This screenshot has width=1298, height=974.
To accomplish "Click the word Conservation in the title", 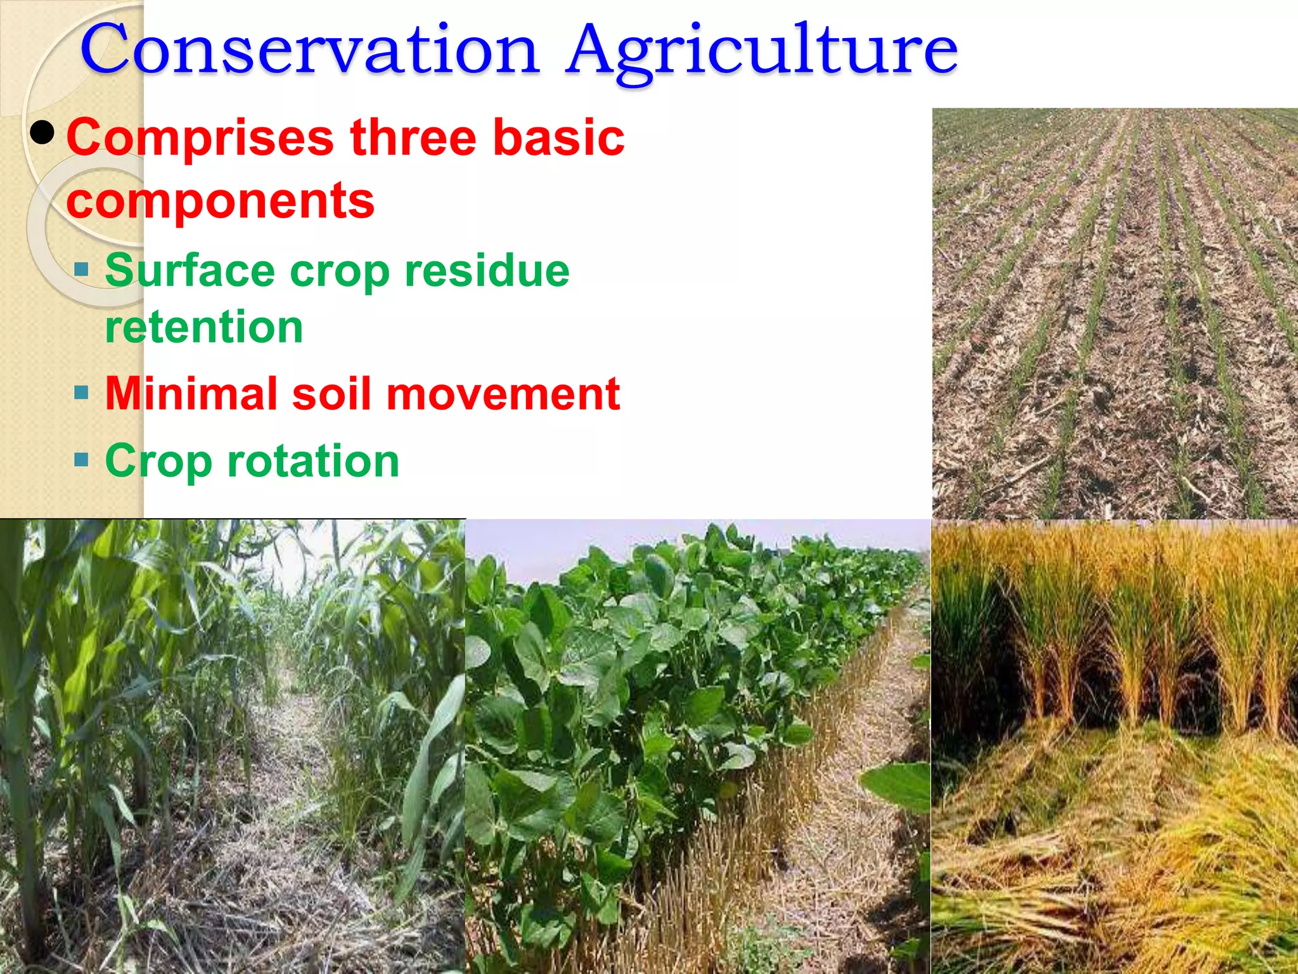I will coord(309,49).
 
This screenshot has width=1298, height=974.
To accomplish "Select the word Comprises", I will coord(200,139).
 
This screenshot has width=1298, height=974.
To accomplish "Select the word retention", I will coord(203,327).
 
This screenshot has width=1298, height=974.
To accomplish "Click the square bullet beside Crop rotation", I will coord(81,459).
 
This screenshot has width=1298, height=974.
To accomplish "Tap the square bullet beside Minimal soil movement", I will coord(81,393).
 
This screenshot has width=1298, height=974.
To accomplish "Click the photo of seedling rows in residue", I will coord(1114,314).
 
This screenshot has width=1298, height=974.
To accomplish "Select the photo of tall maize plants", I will coord(232,746).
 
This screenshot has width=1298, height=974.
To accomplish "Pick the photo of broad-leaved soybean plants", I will coord(697,746).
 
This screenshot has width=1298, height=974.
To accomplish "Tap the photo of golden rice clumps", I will coord(1114,746).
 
